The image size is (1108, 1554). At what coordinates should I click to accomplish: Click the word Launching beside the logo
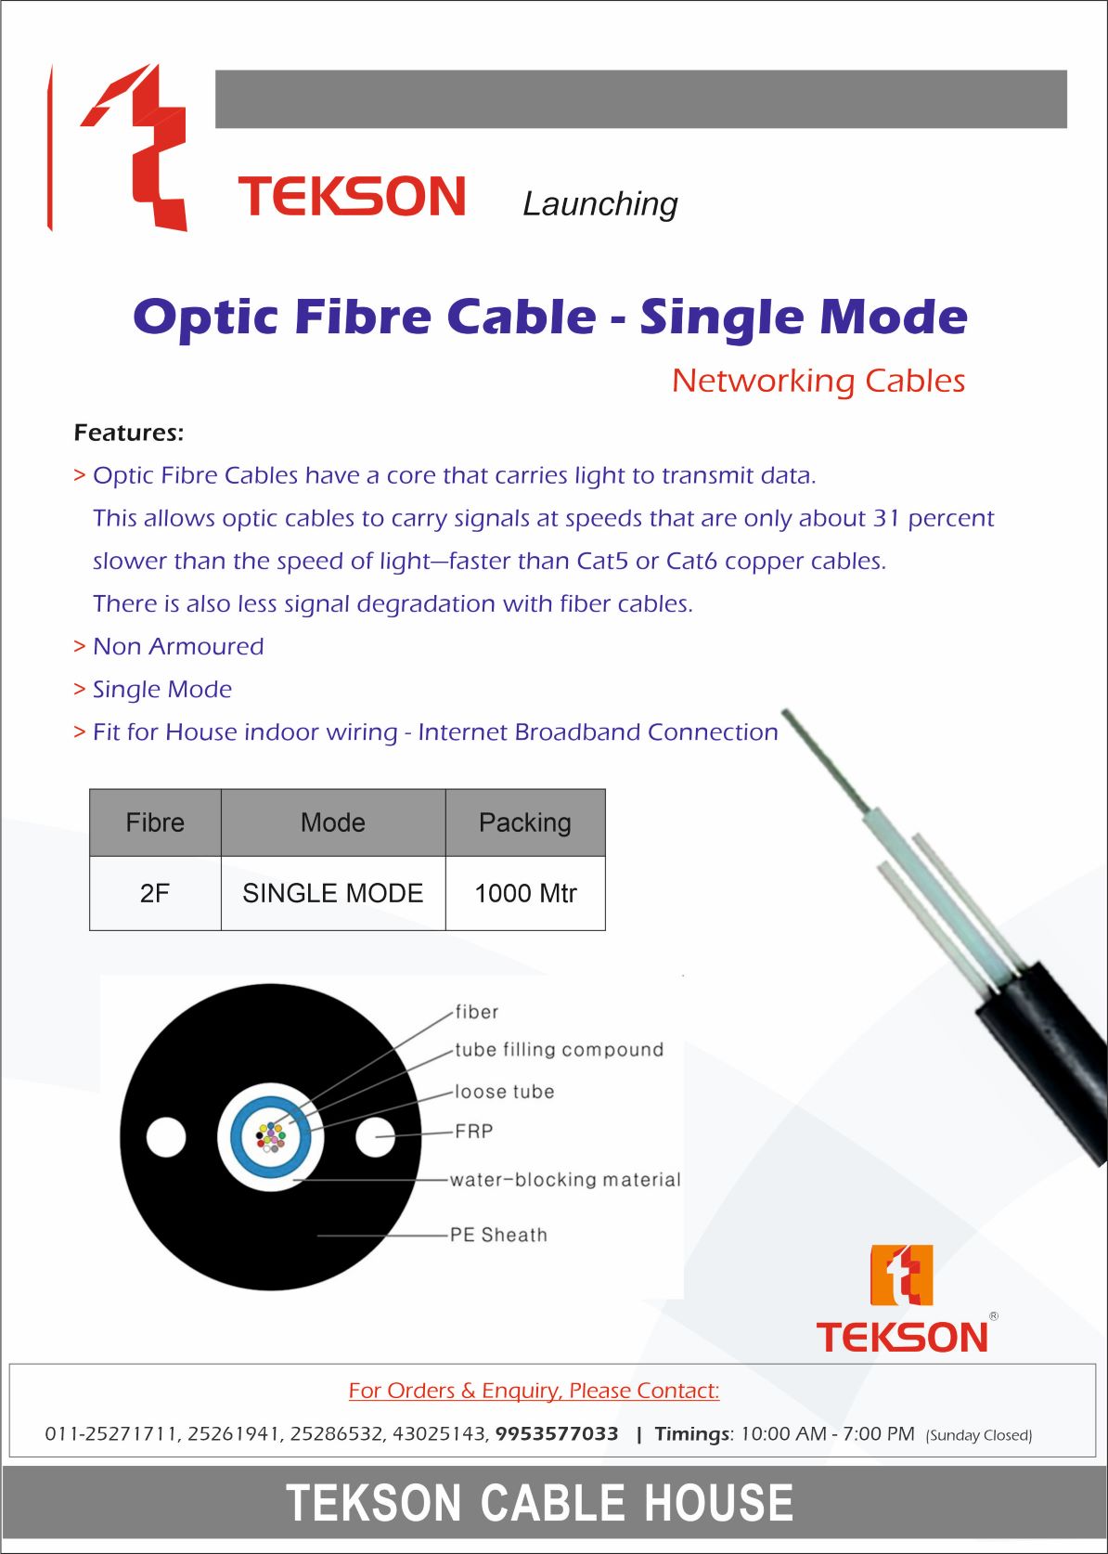pyautogui.click(x=600, y=204)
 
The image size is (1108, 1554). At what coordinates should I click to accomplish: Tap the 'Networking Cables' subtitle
pyautogui.click(x=818, y=381)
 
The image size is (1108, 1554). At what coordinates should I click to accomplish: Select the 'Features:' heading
pyautogui.click(x=129, y=433)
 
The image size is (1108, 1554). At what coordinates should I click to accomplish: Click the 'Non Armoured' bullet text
pyautogui.click(x=178, y=647)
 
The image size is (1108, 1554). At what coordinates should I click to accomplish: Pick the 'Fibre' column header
pyautogui.click(x=155, y=822)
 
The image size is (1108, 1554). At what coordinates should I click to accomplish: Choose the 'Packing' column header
pyautogui.click(x=525, y=822)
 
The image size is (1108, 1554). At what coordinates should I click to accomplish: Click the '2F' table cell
pyautogui.click(x=155, y=893)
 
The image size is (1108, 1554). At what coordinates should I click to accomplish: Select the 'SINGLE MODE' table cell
pyautogui.click(x=333, y=893)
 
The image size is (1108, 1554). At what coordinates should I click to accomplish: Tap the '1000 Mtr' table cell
pyautogui.click(x=525, y=893)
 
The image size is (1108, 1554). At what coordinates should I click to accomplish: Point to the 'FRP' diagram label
pyautogui.click(x=473, y=1132)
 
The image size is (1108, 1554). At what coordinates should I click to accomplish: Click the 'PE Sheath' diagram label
pyautogui.click(x=498, y=1235)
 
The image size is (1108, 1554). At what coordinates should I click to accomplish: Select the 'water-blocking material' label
pyautogui.click(x=565, y=1179)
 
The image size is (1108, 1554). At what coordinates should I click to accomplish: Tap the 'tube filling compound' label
pyautogui.click(x=559, y=1050)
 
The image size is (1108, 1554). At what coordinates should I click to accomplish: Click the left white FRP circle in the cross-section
pyautogui.click(x=166, y=1137)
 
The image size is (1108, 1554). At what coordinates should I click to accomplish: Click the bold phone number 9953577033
pyautogui.click(x=557, y=1434)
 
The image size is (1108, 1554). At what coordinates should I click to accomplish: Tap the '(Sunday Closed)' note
pyautogui.click(x=979, y=1435)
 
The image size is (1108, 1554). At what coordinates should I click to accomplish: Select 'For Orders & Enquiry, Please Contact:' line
pyautogui.click(x=534, y=1391)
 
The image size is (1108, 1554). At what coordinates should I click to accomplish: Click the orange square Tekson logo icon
pyautogui.click(x=901, y=1276)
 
